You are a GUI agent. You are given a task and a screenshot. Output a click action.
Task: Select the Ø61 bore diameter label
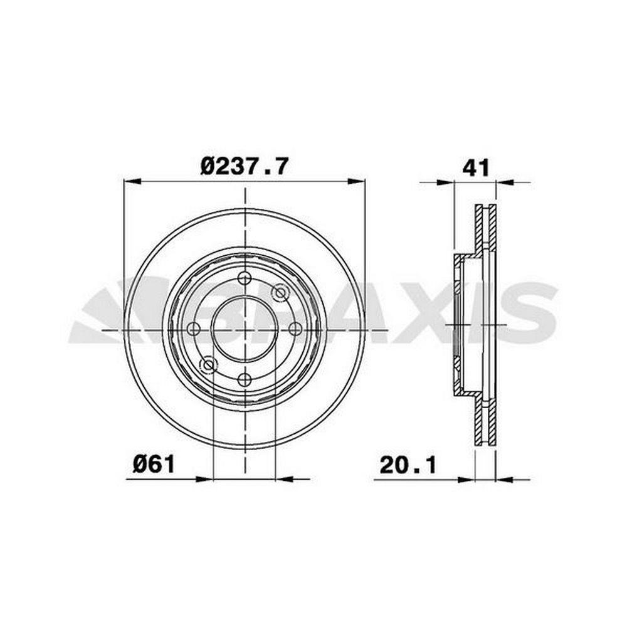click(x=154, y=465)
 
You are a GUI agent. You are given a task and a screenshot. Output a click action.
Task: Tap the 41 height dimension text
click(x=476, y=168)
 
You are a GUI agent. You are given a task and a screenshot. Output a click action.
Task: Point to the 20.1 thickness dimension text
click(x=408, y=465)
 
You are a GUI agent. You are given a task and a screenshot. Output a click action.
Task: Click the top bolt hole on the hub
click(x=245, y=278)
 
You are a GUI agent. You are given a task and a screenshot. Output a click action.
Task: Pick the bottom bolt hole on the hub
click(x=245, y=379)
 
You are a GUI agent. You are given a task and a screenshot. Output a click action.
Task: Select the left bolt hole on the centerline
click(x=194, y=329)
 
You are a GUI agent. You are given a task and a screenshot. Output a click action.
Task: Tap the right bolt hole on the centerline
click(x=295, y=329)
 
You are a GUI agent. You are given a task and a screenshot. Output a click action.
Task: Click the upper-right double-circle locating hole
click(x=280, y=293)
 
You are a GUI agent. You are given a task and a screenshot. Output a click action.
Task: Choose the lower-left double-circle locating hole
click(x=208, y=365)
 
